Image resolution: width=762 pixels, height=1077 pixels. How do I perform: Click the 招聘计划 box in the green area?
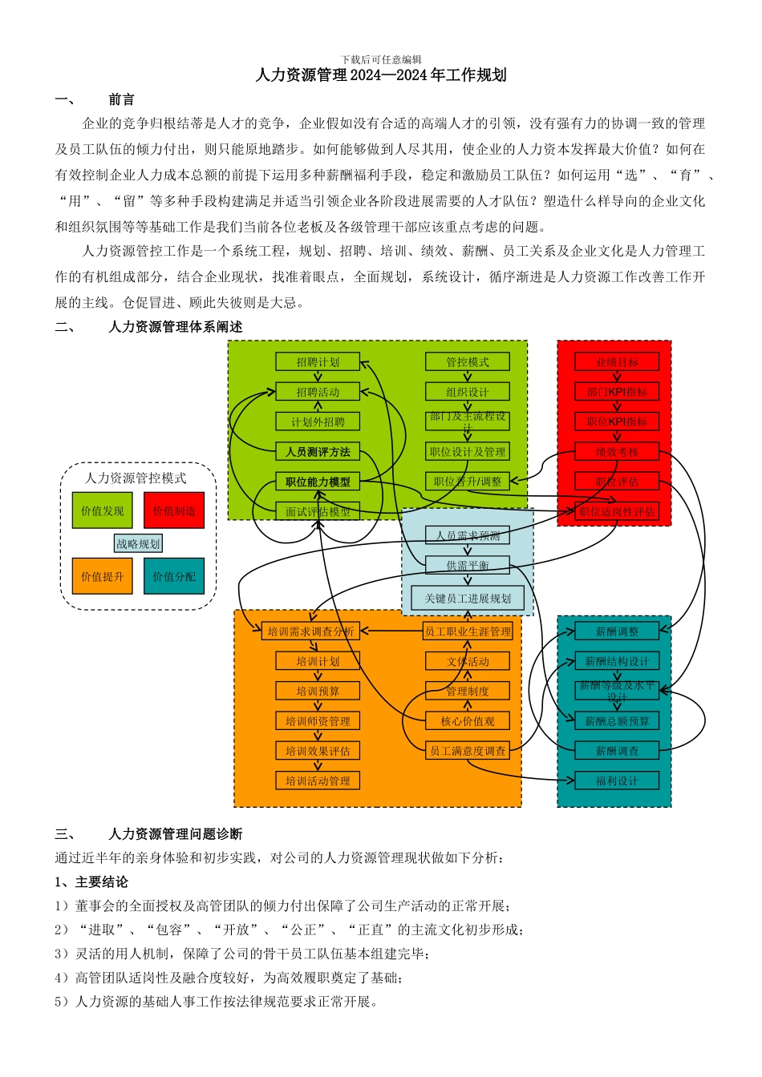click(318, 362)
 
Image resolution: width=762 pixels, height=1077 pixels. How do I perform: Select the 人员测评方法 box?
click(318, 452)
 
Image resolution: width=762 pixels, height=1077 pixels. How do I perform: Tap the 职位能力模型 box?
click(318, 482)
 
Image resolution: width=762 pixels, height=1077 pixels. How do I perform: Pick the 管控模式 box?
click(468, 362)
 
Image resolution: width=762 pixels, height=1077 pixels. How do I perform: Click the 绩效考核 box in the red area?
click(617, 452)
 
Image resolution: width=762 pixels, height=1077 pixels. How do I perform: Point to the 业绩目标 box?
click(617, 362)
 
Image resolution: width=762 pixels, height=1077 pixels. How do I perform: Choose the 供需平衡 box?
click(468, 565)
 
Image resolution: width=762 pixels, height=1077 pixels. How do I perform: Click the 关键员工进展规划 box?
click(468, 599)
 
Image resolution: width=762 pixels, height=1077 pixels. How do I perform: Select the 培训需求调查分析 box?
click(310, 631)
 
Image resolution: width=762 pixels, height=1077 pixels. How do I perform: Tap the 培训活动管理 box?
click(318, 781)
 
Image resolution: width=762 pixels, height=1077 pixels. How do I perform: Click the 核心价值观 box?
click(468, 721)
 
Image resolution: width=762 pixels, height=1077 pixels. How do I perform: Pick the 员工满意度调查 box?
click(468, 751)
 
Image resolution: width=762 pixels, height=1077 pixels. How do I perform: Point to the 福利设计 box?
click(617, 781)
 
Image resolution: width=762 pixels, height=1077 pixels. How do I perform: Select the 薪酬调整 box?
click(617, 631)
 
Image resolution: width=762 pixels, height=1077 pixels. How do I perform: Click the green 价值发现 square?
click(103, 511)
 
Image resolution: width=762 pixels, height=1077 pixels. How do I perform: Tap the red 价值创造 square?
click(174, 511)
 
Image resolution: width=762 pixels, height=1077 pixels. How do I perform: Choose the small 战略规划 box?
click(138, 544)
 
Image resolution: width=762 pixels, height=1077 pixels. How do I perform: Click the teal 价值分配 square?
click(174, 576)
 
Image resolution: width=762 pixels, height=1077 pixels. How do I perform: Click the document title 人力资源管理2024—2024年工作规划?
click(381, 75)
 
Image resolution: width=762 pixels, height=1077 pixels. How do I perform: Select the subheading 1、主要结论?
click(91, 882)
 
